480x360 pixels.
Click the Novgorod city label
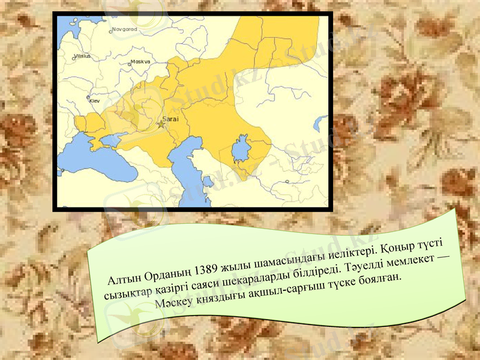[x=125, y=29]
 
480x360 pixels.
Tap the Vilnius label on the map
[x=82, y=56]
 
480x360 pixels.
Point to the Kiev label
[x=95, y=101]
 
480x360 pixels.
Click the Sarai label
[x=171, y=119]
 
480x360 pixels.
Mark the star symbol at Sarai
[x=160, y=125]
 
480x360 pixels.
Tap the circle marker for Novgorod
[x=111, y=29]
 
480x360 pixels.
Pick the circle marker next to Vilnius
[x=73, y=58]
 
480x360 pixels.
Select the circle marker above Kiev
[x=89, y=97]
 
